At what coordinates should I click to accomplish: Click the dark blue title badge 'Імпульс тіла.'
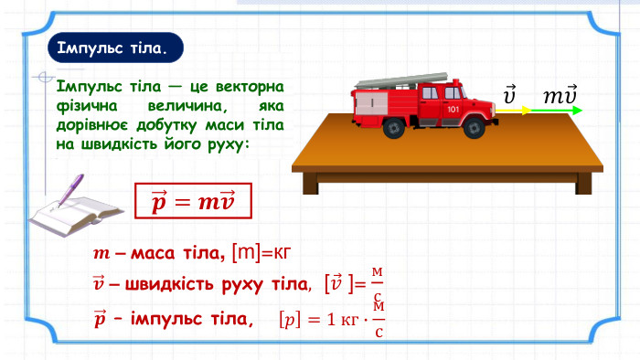point(115,48)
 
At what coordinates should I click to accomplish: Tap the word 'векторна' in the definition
point(250,87)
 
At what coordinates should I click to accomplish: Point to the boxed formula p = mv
point(193,201)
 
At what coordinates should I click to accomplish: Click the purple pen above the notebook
point(70,191)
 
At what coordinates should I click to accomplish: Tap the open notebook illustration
point(76,216)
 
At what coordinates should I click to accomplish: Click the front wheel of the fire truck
point(475,128)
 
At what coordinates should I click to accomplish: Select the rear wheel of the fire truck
point(394,128)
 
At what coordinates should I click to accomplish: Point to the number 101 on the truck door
point(453,110)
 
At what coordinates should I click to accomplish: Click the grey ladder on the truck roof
point(401,80)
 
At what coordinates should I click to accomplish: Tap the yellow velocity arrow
point(514,110)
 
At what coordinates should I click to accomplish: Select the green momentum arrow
point(556,110)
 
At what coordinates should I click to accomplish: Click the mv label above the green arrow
point(560,95)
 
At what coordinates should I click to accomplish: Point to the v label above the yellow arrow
point(509,95)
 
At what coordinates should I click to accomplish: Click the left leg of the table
point(311,184)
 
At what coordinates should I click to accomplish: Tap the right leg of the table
point(583,184)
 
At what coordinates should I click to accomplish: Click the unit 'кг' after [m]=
point(282,253)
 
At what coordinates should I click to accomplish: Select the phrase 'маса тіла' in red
point(177,254)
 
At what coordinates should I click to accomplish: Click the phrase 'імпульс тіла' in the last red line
point(189,318)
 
